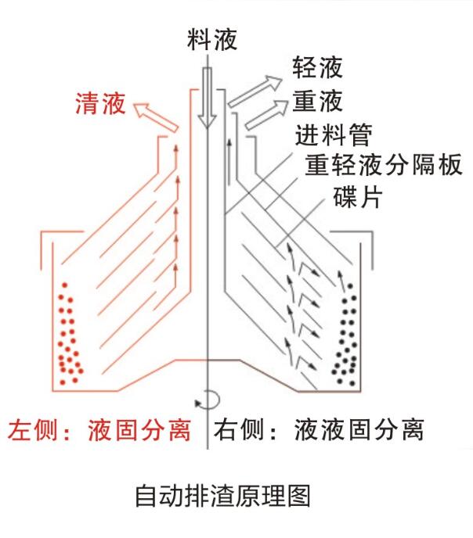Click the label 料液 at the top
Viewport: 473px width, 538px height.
point(211,39)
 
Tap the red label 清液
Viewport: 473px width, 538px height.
point(100,105)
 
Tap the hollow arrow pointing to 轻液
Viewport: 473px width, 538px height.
point(253,88)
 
